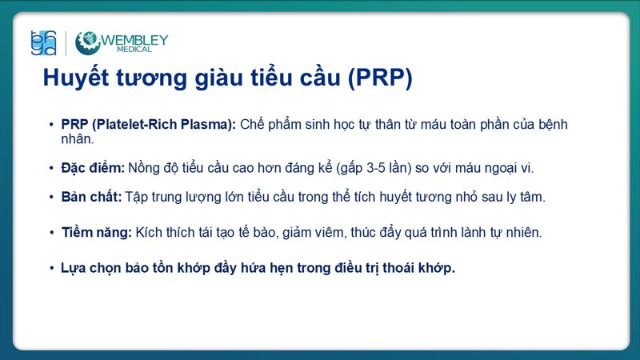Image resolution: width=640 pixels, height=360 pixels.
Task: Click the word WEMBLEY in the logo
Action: pyautogui.click(x=134, y=40)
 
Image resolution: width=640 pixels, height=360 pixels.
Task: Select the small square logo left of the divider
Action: pyautogui.click(x=43, y=42)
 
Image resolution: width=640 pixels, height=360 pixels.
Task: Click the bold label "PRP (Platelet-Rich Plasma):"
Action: pyautogui.click(x=149, y=125)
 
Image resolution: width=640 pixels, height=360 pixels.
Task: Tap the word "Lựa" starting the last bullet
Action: pyautogui.click(x=73, y=268)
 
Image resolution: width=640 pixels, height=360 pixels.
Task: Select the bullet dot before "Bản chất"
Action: pyautogui.click(x=50, y=196)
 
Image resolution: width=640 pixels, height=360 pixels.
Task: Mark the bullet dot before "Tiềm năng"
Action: pyautogui.click(x=50, y=233)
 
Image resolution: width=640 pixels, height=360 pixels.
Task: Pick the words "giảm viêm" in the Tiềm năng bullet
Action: pyautogui.click(x=318, y=233)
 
